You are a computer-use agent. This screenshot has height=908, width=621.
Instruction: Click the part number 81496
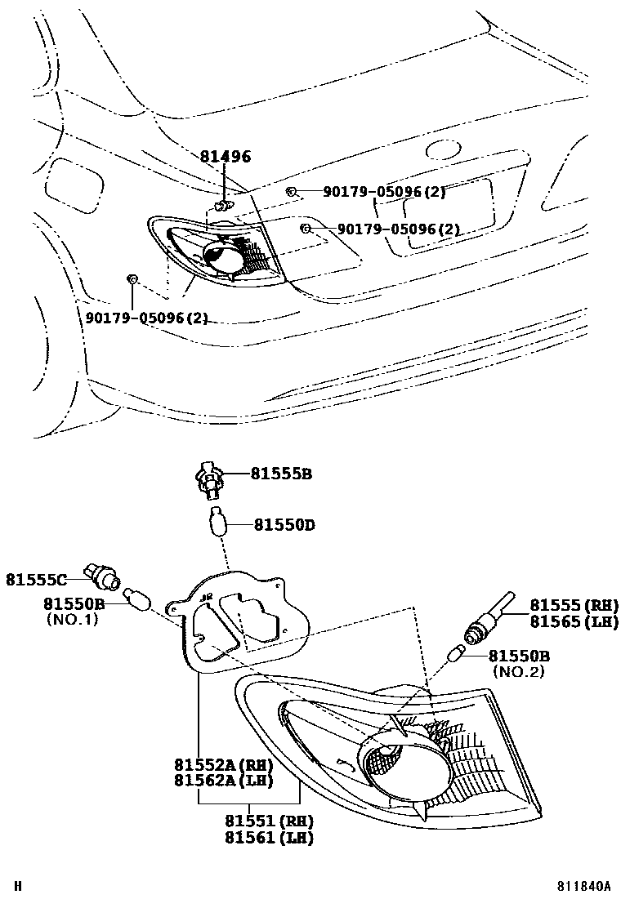pyautogui.click(x=225, y=157)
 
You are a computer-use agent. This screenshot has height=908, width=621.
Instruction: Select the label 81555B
pyautogui.click(x=281, y=474)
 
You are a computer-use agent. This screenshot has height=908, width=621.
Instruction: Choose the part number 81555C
pyautogui.click(x=38, y=579)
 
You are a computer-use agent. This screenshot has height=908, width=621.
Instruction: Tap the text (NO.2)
pyautogui.click(x=518, y=671)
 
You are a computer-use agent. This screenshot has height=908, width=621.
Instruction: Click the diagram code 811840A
pyautogui.click(x=584, y=886)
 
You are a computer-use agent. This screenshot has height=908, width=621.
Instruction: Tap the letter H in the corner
pyautogui.click(x=16, y=886)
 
